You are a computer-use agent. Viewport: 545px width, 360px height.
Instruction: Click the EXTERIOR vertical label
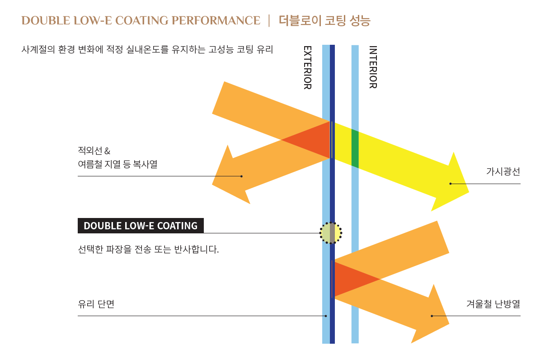(307, 67)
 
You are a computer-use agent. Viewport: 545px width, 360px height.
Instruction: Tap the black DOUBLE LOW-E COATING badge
(141, 226)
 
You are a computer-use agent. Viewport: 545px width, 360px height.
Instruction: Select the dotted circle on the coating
(331, 233)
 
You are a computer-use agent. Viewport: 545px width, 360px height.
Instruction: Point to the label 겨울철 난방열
(493, 303)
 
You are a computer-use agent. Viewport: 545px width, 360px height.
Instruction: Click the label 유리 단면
(96, 304)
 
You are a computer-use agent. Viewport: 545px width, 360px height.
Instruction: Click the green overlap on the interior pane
(355, 149)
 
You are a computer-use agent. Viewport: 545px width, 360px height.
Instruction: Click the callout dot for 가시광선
(451, 184)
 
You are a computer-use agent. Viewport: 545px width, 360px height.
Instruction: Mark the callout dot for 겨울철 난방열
(432, 316)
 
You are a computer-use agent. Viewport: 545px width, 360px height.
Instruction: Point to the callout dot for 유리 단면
(325, 316)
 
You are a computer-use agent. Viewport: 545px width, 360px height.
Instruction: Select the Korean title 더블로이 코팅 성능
(324, 20)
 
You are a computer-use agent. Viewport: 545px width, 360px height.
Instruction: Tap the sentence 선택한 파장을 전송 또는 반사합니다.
(148, 249)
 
